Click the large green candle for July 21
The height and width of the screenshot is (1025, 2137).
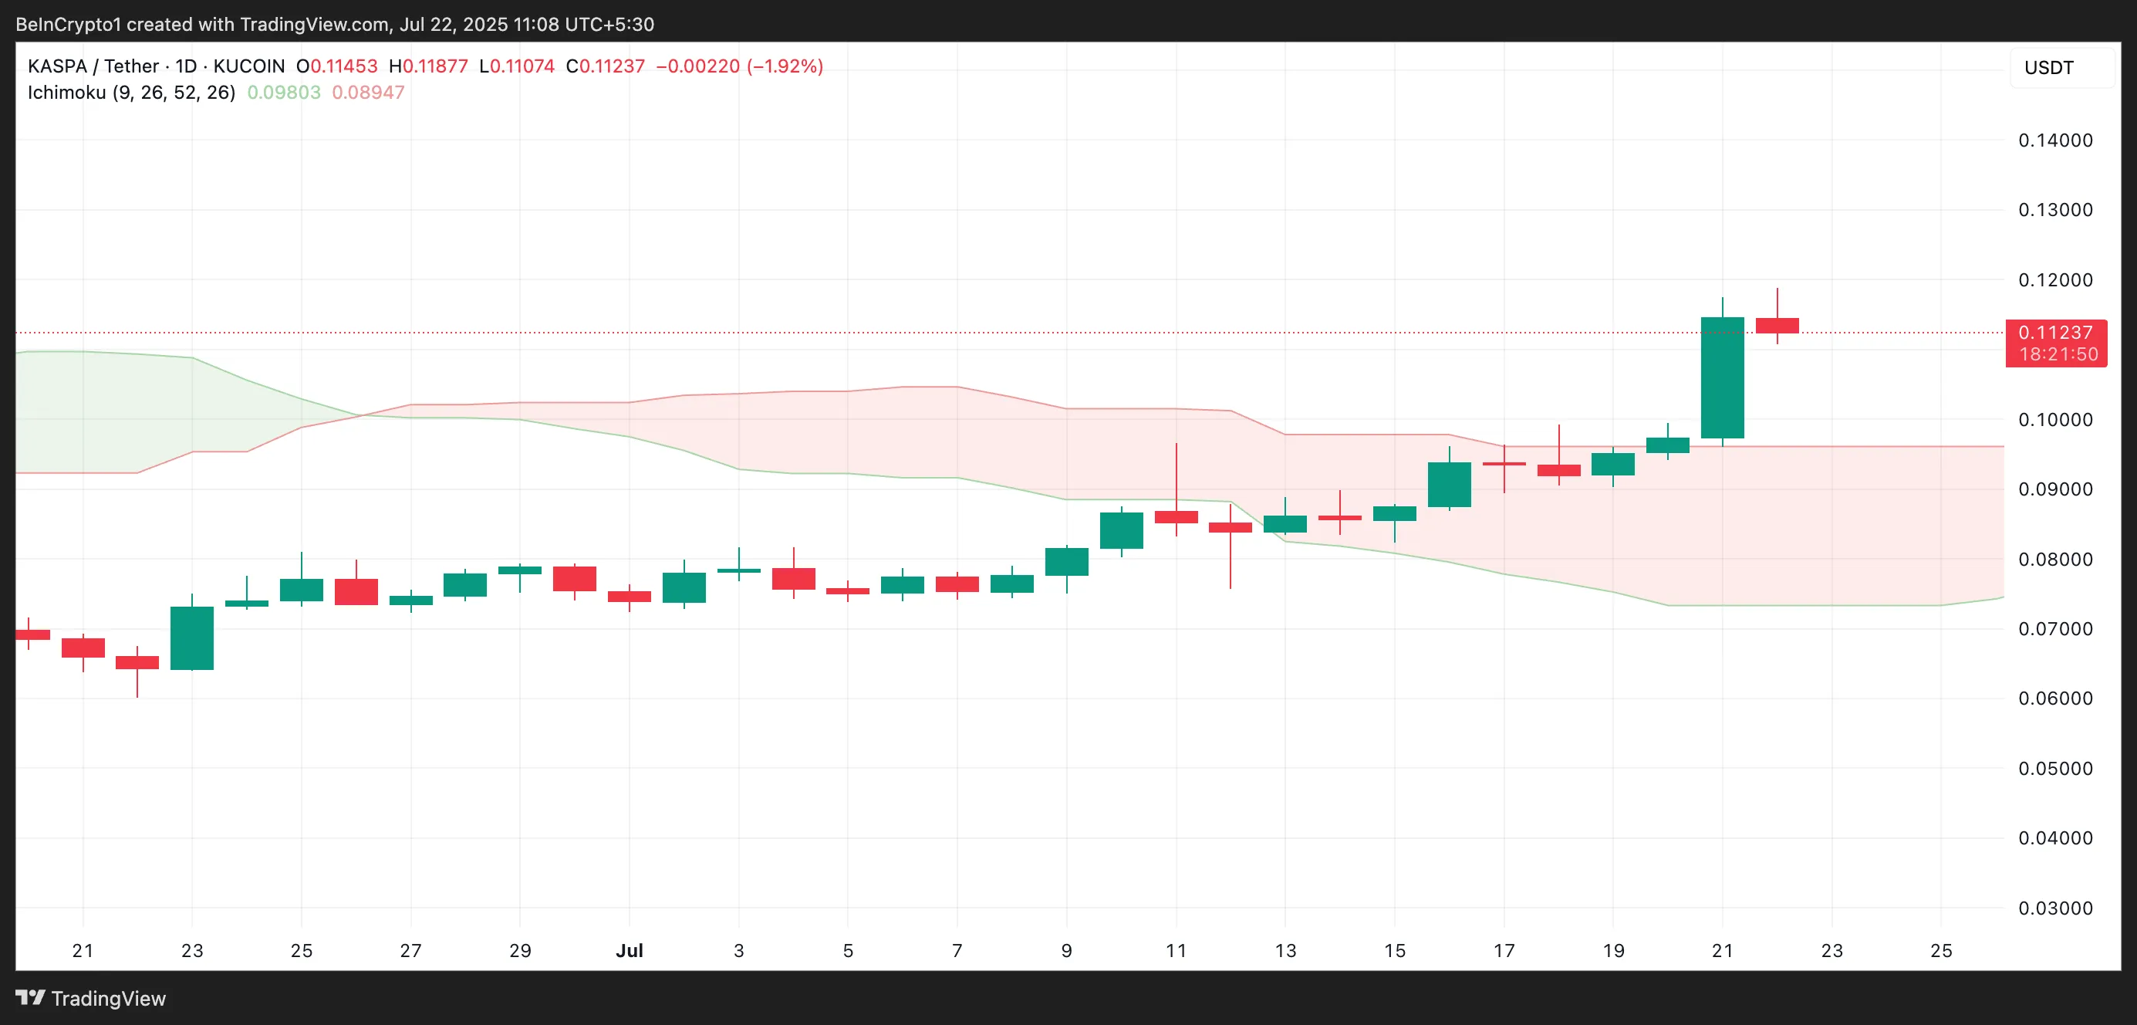tap(1722, 377)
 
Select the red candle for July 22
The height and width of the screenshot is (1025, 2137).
tap(1777, 326)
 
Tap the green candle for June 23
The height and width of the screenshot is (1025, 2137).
tap(191, 638)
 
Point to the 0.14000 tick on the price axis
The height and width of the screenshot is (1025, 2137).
tap(2055, 140)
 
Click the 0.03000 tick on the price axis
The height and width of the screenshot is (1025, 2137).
tap(2055, 908)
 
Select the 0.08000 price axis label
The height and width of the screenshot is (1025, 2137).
tap(2055, 560)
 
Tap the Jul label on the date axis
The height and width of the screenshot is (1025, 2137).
tap(629, 950)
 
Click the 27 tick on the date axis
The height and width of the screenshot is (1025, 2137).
tap(410, 950)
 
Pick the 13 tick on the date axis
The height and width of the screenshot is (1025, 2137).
tap(1285, 950)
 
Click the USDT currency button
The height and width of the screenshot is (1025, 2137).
tap(2049, 68)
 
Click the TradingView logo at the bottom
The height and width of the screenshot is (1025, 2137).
tap(91, 999)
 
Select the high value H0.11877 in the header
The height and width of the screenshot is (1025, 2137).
tap(428, 66)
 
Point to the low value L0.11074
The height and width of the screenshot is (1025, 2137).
tap(517, 66)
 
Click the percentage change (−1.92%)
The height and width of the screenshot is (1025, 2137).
tap(785, 66)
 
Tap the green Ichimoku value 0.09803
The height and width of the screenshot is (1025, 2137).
tap(284, 92)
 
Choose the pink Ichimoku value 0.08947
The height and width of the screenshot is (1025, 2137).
tap(368, 92)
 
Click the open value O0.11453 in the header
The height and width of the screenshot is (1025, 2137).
tap(337, 66)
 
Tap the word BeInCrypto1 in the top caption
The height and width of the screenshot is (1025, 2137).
tap(68, 24)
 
